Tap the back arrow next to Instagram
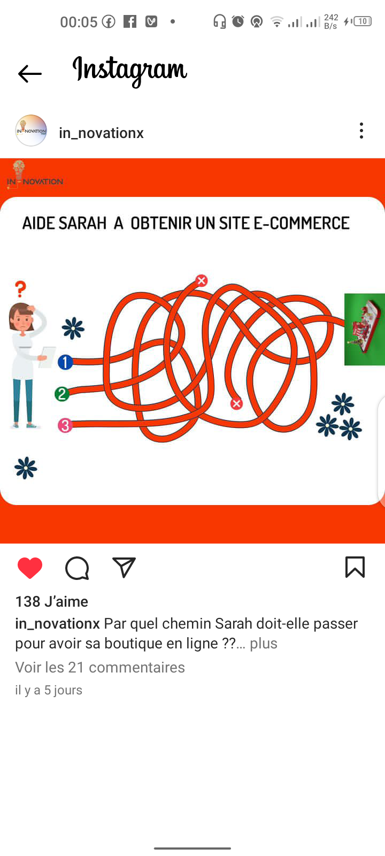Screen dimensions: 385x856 tap(29, 73)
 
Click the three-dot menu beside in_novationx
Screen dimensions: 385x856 tap(361, 131)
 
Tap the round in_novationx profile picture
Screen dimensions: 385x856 tap(31, 131)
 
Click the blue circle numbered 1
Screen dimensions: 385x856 tap(65, 362)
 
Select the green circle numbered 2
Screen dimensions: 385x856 tap(62, 394)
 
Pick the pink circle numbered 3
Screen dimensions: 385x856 tap(65, 425)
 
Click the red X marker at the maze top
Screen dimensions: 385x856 tap(201, 280)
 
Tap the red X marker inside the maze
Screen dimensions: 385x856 tap(236, 403)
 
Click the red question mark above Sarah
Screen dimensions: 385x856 tap(20, 289)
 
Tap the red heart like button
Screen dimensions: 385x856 tap(30, 568)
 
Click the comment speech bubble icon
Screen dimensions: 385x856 tap(77, 568)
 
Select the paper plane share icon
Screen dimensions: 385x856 tap(124, 567)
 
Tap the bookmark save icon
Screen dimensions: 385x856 tap(355, 567)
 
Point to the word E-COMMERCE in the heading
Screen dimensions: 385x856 tap(302, 223)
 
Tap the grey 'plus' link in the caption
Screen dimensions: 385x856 tap(264, 644)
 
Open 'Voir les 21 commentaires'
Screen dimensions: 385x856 tap(100, 667)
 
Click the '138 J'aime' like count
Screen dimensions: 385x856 tap(51, 601)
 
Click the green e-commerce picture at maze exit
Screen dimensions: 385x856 tap(364, 330)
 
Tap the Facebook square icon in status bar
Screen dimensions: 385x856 tap(130, 22)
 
